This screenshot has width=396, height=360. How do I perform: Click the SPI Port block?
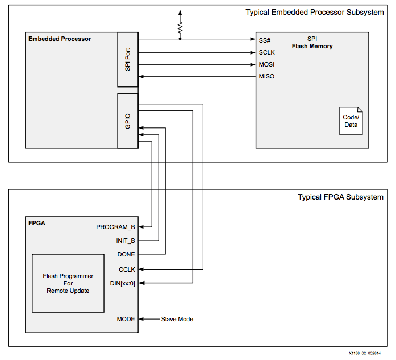(x=128, y=59)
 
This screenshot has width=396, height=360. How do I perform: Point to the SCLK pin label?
(x=268, y=52)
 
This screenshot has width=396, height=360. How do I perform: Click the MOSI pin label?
(x=267, y=64)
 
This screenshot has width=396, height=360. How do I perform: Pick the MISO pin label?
(x=267, y=76)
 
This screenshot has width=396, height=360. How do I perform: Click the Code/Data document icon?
(x=351, y=121)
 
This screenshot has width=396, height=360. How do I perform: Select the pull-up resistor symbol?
(x=180, y=27)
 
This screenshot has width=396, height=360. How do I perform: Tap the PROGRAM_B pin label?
(x=116, y=227)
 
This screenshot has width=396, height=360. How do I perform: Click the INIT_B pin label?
(x=125, y=241)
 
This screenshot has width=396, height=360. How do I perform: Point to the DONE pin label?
(x=126, y=254)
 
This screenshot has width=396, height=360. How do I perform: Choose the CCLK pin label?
(x=126, y=269)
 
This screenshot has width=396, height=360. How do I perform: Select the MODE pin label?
(x=126, y=319)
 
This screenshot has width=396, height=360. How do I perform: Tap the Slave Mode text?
(x=177, y=319)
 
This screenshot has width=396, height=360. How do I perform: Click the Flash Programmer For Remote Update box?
(x=68, y=283)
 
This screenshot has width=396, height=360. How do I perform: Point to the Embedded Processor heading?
(x=60, y=39)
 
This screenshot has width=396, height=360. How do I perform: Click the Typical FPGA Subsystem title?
(x=340, y=197)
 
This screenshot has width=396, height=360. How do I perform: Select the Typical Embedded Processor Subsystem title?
(x=314, y=13)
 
